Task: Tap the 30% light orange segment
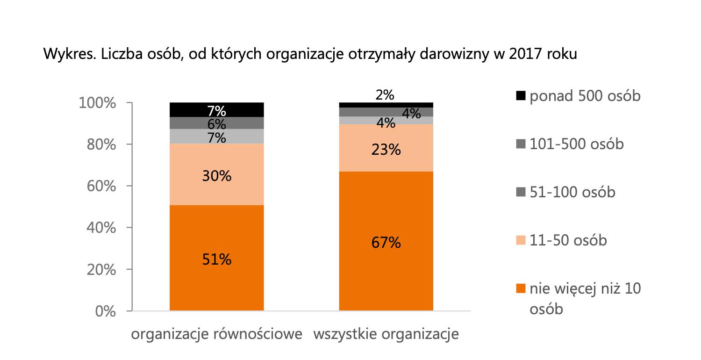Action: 216,176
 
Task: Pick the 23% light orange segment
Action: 386,149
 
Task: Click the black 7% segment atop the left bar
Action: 216,110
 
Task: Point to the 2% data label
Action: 385,95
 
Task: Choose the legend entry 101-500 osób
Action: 576,144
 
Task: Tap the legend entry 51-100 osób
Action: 572,192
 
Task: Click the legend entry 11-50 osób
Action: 568,240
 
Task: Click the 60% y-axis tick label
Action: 103,187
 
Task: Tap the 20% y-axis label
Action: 103,270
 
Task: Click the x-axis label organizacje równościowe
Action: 216,335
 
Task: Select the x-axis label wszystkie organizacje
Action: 386,335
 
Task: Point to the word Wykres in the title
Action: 64,54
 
